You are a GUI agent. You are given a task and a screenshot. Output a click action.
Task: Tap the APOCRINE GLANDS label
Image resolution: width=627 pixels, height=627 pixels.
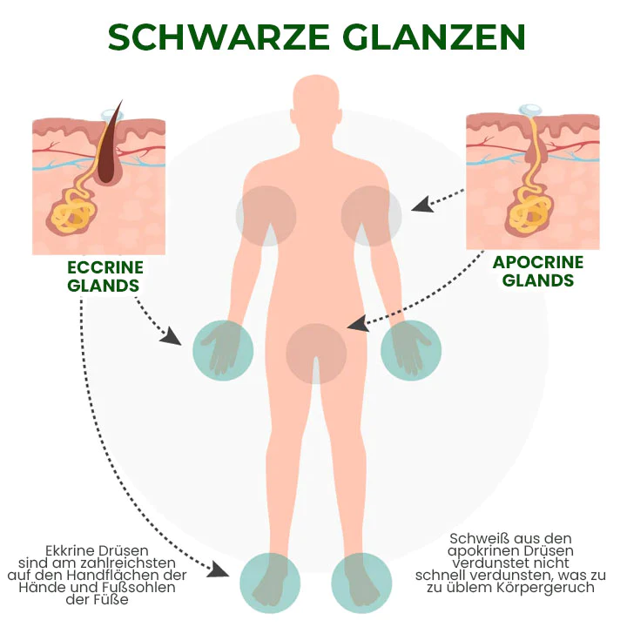pyautogui.click(x=538, y=271)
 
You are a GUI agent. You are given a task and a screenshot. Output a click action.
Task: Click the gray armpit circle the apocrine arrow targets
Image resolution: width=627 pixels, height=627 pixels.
pyautogui.click(x=371, y=214)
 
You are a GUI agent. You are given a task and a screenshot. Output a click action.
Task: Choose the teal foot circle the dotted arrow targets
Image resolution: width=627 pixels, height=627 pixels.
pyautogui.click(x=270, y=581)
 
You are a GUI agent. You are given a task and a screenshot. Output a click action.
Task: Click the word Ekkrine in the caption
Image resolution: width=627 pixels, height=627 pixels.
pyautogui.click(x=74, y=551)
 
